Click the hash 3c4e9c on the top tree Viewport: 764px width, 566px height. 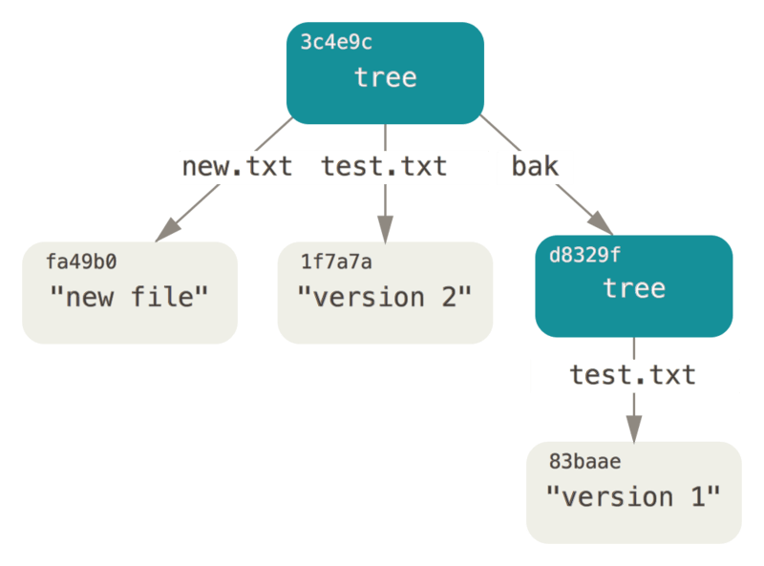[x=335, y=44]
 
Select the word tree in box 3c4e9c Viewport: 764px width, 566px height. [x=385, y=77]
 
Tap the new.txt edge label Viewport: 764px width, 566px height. [x=237, y=167]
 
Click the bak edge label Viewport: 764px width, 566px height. [x=535, y=167]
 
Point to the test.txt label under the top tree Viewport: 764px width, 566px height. [x=384, y=167]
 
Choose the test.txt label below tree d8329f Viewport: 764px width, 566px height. [x=633, y=375]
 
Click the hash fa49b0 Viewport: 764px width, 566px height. [x=81, y=261]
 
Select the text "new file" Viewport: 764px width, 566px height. [x=129, y=297]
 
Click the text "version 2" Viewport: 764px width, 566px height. [x=385, y=297]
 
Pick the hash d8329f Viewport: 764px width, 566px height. [x=583, y=255]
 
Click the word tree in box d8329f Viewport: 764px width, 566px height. [x=633, y=288]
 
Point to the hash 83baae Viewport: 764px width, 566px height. [x=584, y=462]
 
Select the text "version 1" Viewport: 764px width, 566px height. [x=633, y=497]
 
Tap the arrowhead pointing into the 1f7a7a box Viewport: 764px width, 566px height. [x=385, y=229]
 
